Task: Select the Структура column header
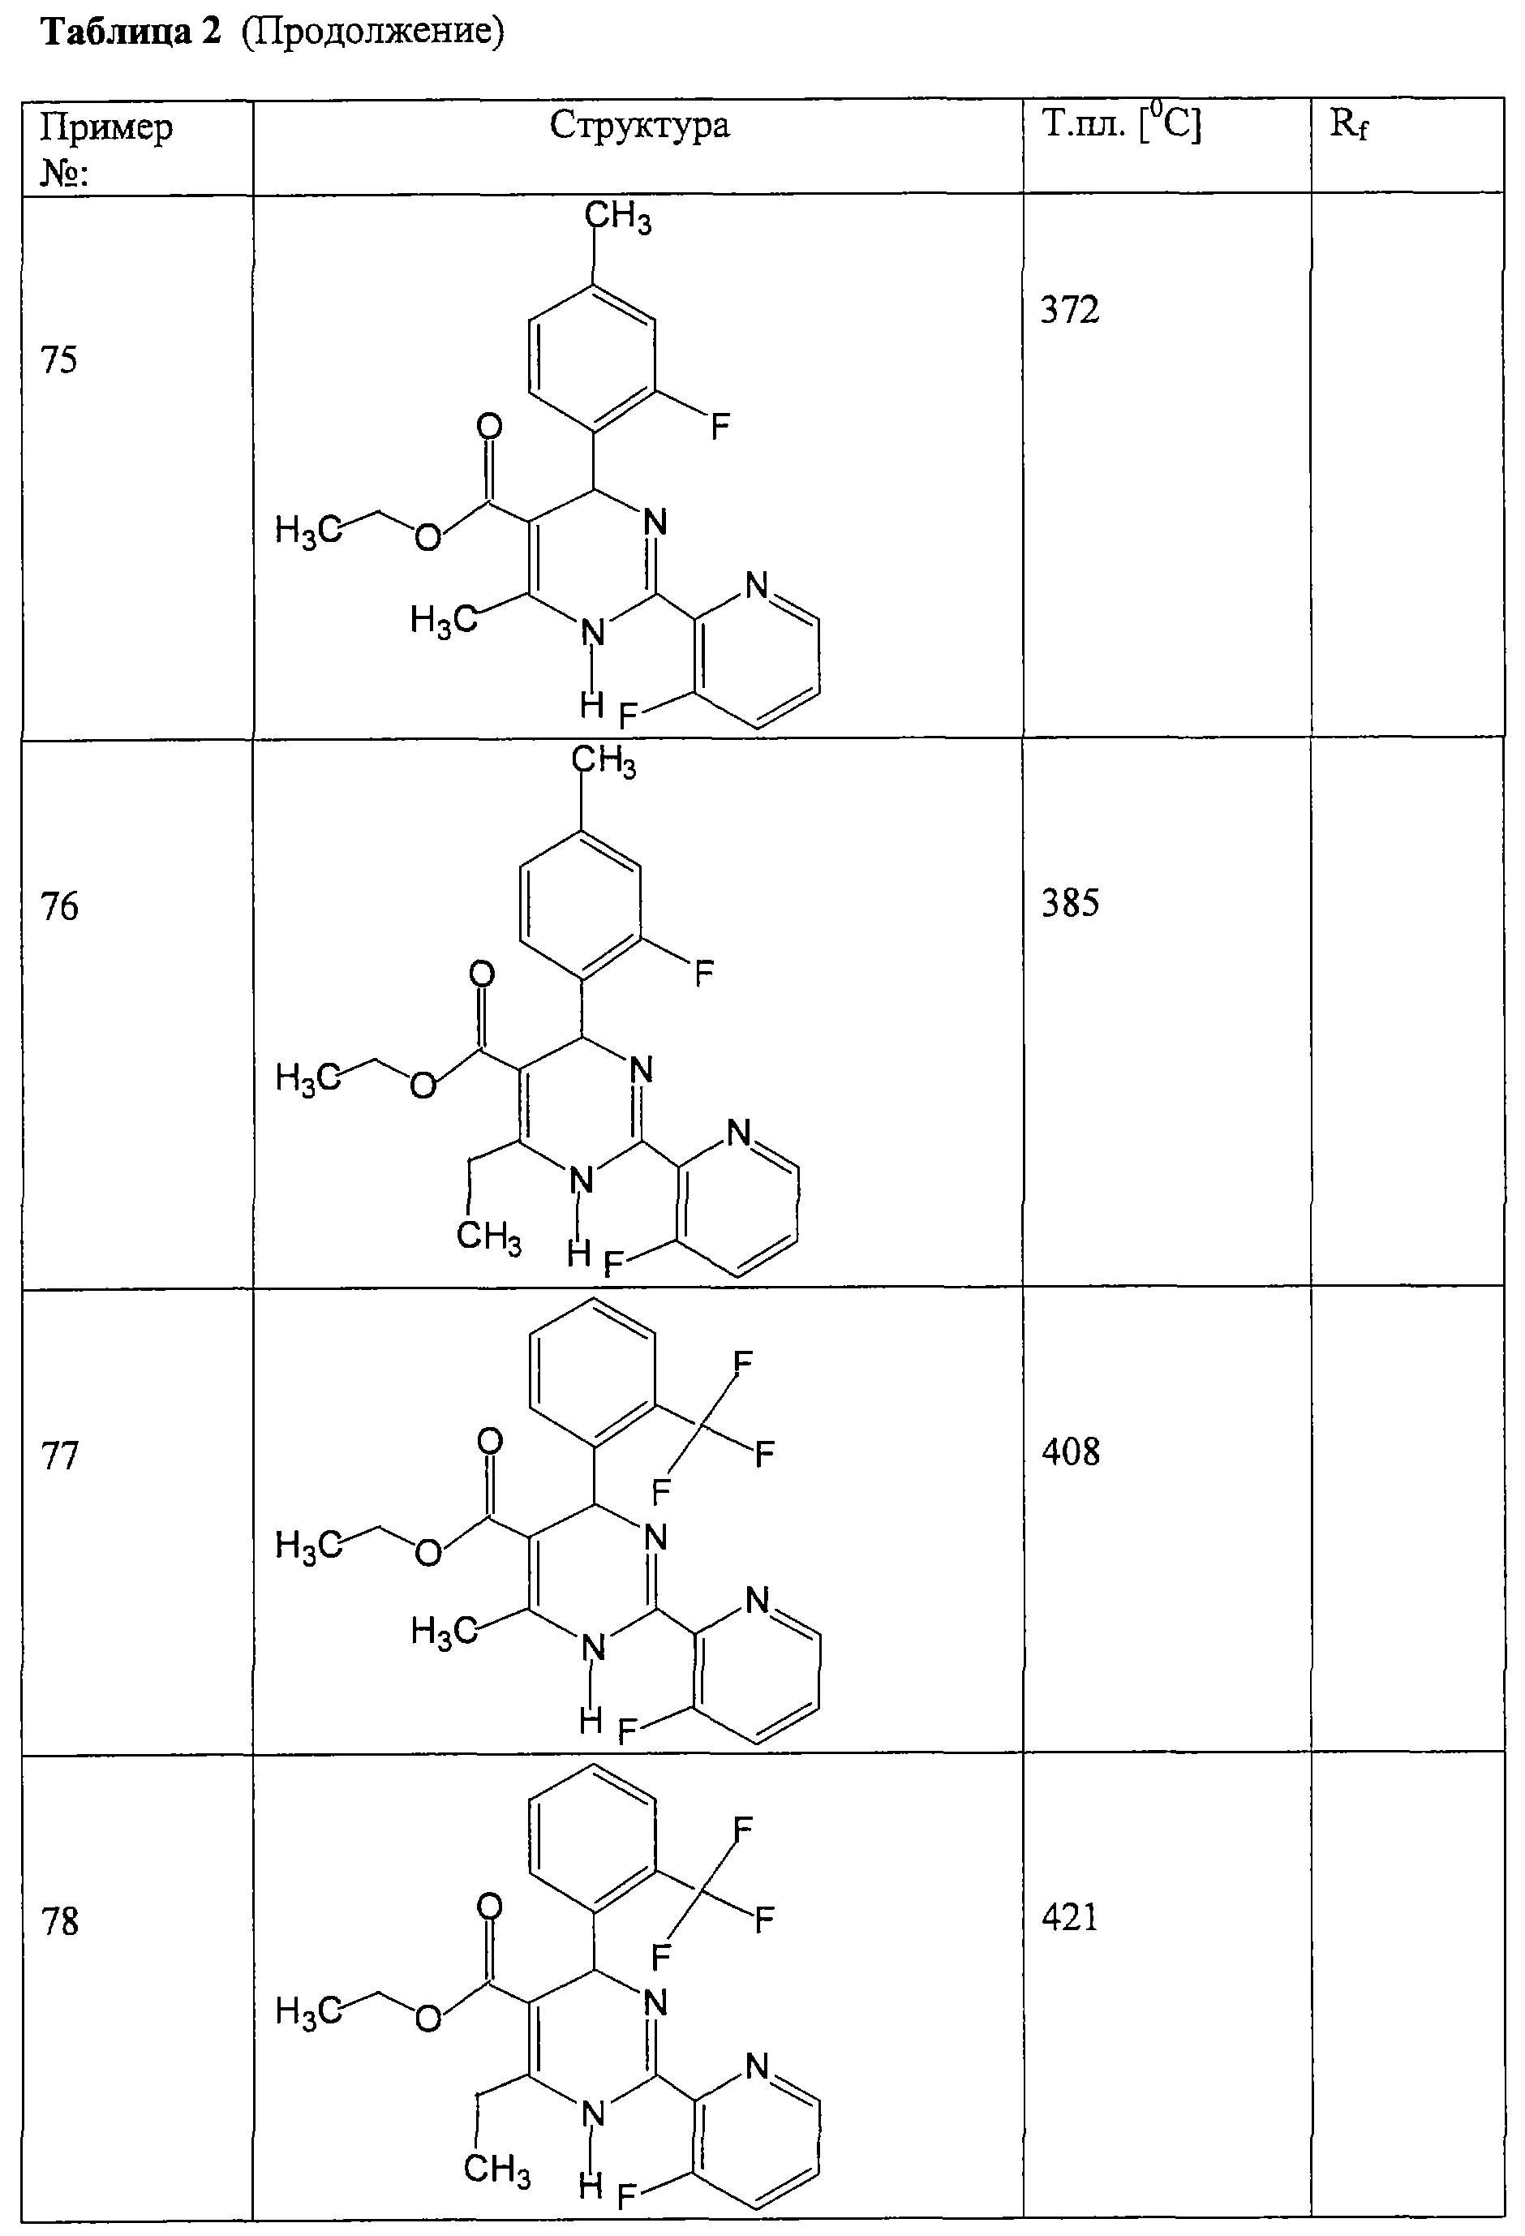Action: [640, 126]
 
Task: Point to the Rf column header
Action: [1349, 126]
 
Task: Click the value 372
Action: [1070, 311]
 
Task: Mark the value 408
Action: [1070, 1452]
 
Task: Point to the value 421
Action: [1070, 1917]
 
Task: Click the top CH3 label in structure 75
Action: [617, 217]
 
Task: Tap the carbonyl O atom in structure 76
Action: [482, 974]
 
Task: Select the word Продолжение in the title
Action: [374, 34]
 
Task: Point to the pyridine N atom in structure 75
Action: [757, 585]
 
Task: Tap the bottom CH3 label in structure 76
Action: [489, 1236]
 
